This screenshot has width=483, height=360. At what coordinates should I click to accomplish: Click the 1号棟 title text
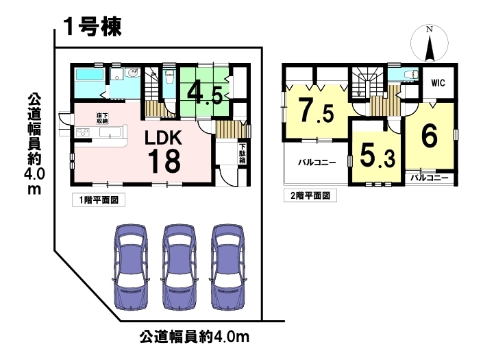click(x=92, y=27)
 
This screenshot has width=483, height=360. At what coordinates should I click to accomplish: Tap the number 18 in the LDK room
click(x=164, y=160)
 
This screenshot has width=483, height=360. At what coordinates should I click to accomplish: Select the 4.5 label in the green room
click(x=204, y=94)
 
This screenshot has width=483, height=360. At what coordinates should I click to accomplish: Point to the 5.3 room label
click(x=377, y=156)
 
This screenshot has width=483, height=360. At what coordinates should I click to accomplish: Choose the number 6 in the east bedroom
click(x=429, y=136)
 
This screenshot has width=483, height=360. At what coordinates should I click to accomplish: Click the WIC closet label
click(x=438, y=82)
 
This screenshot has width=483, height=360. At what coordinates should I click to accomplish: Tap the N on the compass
click(x=430, y=29)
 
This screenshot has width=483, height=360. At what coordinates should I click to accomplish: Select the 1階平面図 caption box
click(x=99, y=200)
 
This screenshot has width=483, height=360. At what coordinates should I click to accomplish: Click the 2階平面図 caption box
click(x=310, y=195)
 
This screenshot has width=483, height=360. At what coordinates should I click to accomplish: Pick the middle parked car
click(x=180, y=267)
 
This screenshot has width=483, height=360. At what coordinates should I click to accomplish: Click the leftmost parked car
click(x=132, y=267)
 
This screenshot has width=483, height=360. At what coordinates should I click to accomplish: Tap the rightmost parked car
click(x=228, y=267)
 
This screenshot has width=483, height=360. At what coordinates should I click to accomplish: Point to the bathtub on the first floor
click(x=89, y=75)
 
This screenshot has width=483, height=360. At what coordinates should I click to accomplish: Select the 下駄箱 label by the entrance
click(x=242, y=154)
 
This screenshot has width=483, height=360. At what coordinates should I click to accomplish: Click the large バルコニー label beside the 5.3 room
click(x=317, y=163)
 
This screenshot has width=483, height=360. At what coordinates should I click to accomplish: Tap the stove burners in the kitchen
click(x=82, y=132)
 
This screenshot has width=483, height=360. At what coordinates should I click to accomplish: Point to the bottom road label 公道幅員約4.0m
click(x=195, y=337)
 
